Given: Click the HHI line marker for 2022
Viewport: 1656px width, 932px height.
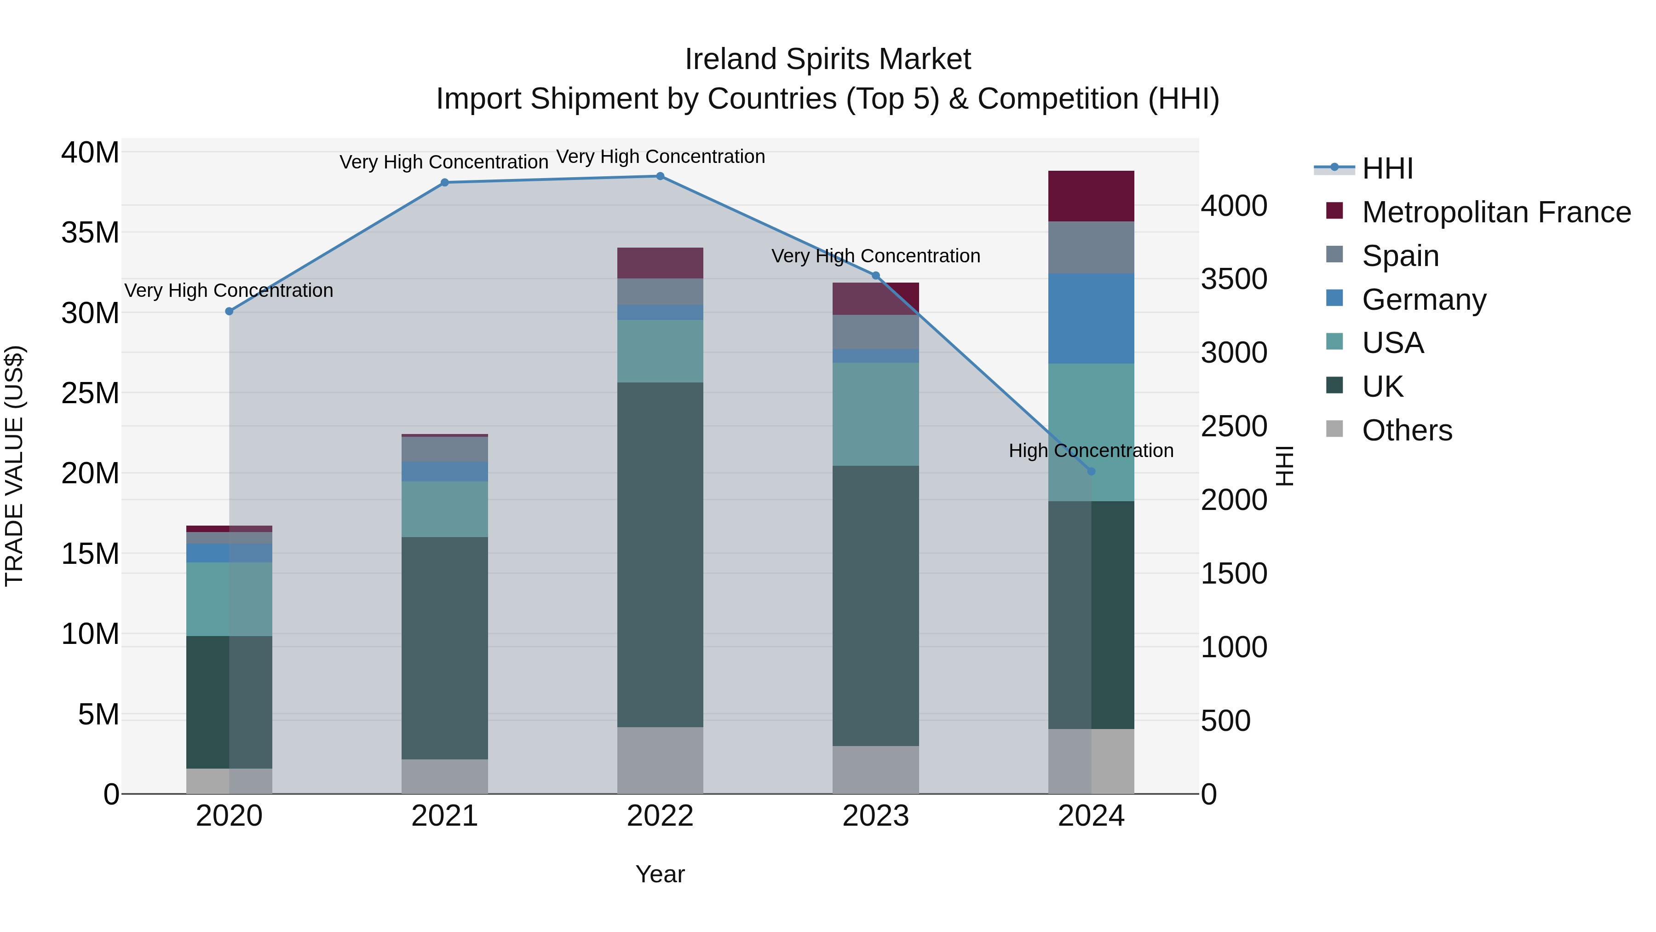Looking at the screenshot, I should pyautogui.click(x=660, y=176).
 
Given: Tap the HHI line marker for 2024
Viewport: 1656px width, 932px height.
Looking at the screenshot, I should pyautogui.click(x=1091, y=471).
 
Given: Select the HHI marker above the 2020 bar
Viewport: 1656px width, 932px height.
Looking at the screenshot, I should pyautogui.click(x=230, y=311).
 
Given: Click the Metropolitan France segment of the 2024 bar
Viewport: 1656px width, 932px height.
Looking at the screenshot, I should pyautogui.click(x=1091, y=196).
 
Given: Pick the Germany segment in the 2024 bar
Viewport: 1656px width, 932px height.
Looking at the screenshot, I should pyautogui.click(x=1091, y=318).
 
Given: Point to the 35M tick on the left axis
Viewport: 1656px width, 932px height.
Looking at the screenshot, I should pyautogui.click(x=90, y=232).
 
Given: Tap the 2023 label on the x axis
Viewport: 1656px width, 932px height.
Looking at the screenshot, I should pyautogui.click(x=875, y=816).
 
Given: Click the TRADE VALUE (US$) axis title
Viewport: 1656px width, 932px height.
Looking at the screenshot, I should pyautogui.click(x=15, y=466).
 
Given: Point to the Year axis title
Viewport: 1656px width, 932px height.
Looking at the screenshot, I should pyautogui.click(x=660, y=874).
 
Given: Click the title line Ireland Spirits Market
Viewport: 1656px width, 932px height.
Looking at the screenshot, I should pyautogui.click(x=828, y=59).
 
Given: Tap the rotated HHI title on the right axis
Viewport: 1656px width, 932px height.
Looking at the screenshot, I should pyautogui.click(x=1284, y=466).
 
